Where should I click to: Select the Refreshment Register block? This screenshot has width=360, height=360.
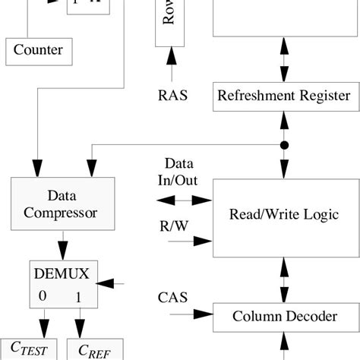(x=283, y=96)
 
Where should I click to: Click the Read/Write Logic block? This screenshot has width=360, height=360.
(x=283, y=214)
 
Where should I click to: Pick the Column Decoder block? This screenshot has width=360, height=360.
(x=283, y=314)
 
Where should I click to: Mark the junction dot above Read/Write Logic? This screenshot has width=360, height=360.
(x=285, y=145)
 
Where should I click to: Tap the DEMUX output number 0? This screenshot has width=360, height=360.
(x=42, y=295)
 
